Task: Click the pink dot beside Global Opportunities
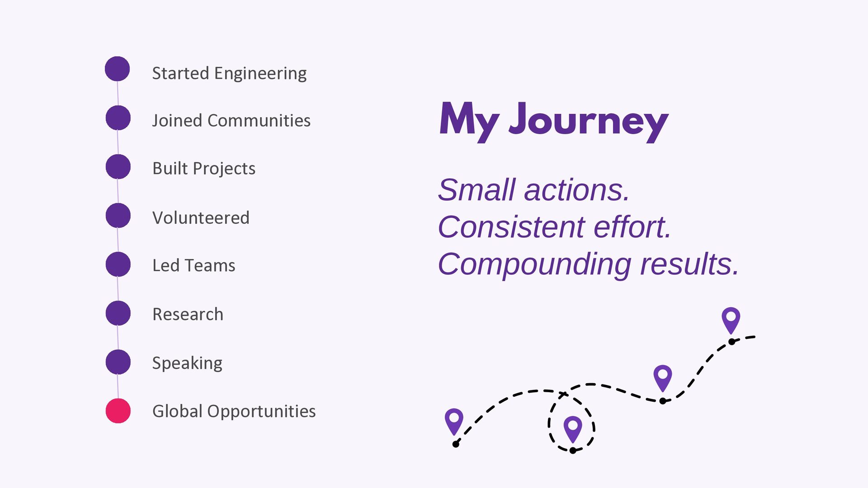point(118,411)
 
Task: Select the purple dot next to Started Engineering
point(118,69)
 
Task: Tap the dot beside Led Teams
point(118,264)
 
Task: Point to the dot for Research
point(118,313)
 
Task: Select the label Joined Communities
point(231,121)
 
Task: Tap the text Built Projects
point(204,169)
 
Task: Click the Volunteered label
point(201,218)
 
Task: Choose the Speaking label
point(187,363)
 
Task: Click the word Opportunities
point(262,412)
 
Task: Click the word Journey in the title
point(589,121)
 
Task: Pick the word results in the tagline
point(689,264)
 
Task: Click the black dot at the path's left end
point(456,444)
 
